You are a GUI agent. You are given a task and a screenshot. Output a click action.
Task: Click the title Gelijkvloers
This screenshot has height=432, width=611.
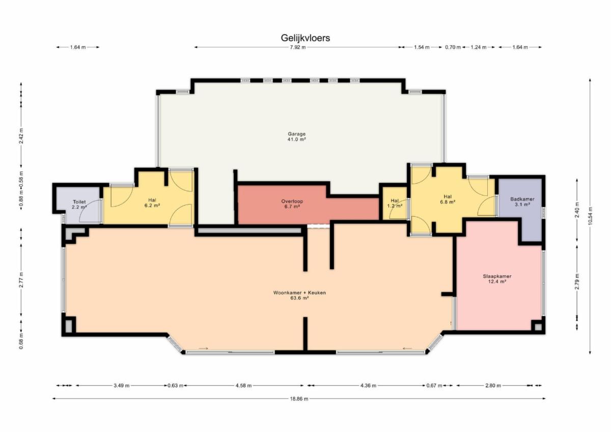(x=305, y=38)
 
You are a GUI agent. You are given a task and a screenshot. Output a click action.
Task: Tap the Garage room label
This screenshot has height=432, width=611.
(x=296, y=136)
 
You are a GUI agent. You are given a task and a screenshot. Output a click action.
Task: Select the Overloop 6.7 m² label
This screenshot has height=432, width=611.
(x=292, y=204)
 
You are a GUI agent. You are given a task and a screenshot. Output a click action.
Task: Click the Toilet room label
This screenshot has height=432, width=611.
(x=79, y=205)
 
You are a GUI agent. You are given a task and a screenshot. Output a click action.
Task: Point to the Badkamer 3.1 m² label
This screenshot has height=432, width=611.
(x=522, y=201)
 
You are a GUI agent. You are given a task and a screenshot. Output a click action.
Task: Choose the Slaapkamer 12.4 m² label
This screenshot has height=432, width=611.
(x=497, y=279)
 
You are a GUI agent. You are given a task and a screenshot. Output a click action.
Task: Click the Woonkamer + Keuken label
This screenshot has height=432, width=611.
(x=299, y=295)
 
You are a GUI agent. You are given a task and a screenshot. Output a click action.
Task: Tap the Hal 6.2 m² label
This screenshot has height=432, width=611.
(x=152, y=203)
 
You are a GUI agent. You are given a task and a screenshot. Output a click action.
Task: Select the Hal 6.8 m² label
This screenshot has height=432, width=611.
(x=448, y=199)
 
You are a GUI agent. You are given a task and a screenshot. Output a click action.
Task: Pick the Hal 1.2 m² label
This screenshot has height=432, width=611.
(x=395, y=204)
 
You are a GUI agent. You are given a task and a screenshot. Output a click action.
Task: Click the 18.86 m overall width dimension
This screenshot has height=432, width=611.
(x=299, y=399)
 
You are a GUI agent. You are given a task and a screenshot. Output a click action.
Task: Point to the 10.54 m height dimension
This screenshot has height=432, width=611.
(x=590, y=216)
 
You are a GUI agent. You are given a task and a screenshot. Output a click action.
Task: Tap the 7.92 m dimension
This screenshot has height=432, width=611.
(x=297, y=47)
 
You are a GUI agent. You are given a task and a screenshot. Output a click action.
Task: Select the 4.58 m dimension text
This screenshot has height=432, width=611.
(x=243, y=385)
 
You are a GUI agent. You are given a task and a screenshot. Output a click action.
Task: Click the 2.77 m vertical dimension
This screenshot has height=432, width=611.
(x=21, y=279)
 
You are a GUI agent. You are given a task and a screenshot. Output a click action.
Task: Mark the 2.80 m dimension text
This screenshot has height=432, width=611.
(x=493, y=385)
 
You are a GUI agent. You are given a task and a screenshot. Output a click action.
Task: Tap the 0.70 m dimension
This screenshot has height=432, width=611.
(x=453, y=47)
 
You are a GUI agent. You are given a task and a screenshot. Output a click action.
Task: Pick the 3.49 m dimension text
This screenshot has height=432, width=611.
(x=121, y=385)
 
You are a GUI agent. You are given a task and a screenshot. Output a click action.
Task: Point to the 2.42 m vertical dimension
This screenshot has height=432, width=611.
(x=21, y=135)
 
